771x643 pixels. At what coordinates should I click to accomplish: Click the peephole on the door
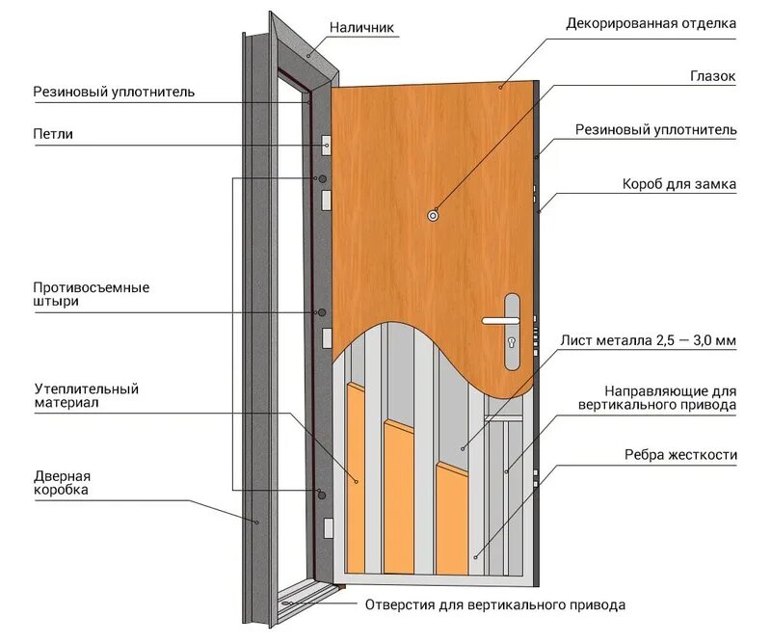433,217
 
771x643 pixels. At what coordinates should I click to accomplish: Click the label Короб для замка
680,183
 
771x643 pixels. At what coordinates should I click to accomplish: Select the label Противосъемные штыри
91,294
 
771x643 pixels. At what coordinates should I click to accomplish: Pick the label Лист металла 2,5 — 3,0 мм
648,340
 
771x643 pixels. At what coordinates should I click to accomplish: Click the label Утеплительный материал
86,396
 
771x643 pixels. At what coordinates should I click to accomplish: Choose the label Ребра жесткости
680,454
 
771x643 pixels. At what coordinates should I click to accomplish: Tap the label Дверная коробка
62,483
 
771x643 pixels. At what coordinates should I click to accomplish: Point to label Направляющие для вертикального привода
671,398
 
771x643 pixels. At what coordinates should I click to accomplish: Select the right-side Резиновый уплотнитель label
655,129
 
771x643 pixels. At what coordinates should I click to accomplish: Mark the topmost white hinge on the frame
327,146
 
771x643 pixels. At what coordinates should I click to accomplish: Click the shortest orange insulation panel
451,516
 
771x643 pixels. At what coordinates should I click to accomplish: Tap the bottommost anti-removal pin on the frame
321,495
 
